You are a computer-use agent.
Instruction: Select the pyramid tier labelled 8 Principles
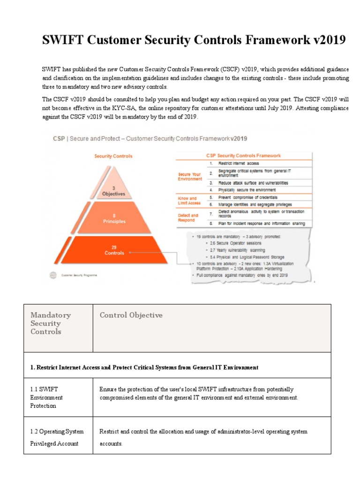(x=113, y=218)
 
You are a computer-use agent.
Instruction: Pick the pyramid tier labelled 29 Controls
(x=114, y=250)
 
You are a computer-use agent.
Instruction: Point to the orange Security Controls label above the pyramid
(x=113, y=156)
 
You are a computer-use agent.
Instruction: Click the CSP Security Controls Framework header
(x=243, y=155)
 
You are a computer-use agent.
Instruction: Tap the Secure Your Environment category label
(x=190, y=176)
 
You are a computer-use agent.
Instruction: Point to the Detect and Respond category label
(x=188, y=217)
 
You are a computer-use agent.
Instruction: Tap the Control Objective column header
(x=131, y=315)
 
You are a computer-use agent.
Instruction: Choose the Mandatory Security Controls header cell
(x=51, y=323)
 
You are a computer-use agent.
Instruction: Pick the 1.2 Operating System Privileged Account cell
(x=54, y=437)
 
